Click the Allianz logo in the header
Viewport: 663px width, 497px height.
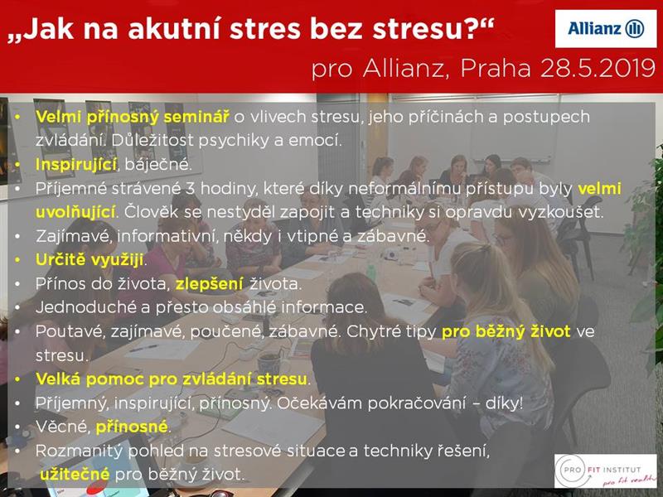pos(606,29)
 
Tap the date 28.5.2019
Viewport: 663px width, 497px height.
pos(598,69)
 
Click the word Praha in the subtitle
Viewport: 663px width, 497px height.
pos(496,69)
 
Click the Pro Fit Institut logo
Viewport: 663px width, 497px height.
pos(606,470)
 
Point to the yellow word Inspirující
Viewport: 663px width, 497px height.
pos(76,165)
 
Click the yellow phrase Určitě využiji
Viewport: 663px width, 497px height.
pos(90,260)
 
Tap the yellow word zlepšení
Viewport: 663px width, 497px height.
pos(210,284)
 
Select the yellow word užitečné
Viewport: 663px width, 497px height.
pos(75,474)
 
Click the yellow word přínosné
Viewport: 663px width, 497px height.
pos(132,427)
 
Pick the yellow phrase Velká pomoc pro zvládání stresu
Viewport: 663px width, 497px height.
pos(172,379)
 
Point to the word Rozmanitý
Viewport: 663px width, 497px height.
pos(79,451)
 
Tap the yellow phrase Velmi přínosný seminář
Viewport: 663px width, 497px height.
pos(133,117)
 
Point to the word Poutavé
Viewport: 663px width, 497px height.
pos(70,332)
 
